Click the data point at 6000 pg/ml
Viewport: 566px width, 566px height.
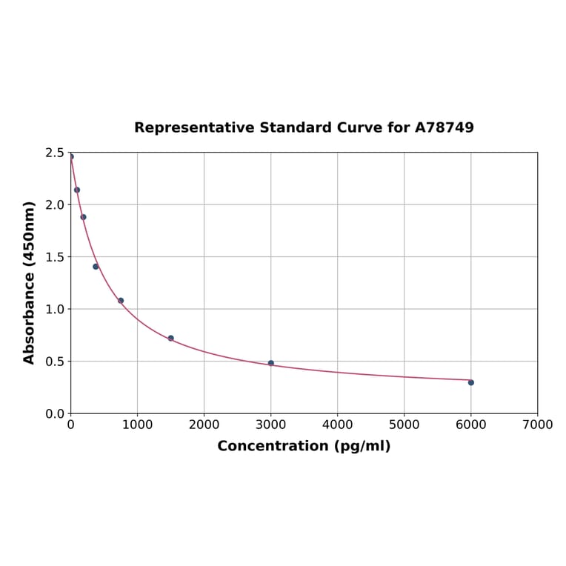click(x=470, y=382)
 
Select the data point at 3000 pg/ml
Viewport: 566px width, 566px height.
click(x=270, y=363)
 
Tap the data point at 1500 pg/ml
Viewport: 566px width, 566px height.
click(x=170, y=338)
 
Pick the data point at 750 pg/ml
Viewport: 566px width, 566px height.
click(x=121, y=301)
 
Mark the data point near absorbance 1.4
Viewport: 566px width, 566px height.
click(x=96, y=267)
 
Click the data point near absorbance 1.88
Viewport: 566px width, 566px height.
click(x=83, y=217)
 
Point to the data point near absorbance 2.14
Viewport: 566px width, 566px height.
click(x=77, y=190)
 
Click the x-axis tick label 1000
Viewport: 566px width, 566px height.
click(x=137, y=425)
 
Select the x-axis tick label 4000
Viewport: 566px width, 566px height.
click(x=337, y=425)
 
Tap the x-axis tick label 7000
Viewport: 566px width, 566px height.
click(x=537, y=425)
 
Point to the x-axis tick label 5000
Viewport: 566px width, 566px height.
click(x=404, y=425)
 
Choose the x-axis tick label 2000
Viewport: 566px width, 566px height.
click(x=204, y=425)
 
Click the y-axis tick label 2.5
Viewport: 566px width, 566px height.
click(x=55, y=153)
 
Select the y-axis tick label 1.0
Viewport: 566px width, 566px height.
click(x=55, y=309)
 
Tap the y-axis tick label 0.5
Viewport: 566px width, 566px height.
click(x=55, y=362)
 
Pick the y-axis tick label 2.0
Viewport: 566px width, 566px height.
click(x=55, y=204)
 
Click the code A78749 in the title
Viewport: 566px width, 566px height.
click(x=444, y=128)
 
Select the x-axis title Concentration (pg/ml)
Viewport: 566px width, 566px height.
click(x=304, y=446)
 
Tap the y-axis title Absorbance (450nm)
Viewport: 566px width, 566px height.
click(x=30, y=282)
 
